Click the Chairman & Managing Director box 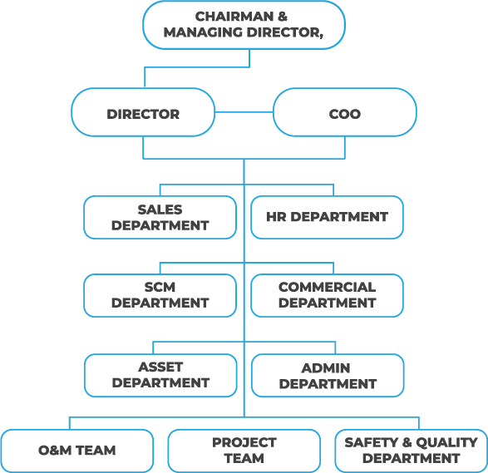point(244,25)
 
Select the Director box point(143,112)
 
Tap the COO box point(345,112)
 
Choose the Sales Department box point(160,218)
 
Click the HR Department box point(327,218)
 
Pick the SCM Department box point(160,296)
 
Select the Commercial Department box point(327,296)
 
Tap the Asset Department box point(160,375)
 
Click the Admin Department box point(328,375)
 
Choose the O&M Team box point(76,451)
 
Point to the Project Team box point(244,451)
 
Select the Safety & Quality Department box point(412,451)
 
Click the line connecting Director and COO point(244,112)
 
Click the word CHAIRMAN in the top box point(234,17)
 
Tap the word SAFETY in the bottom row point(372,442)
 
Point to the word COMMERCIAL point(327,288)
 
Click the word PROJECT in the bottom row point(244,442)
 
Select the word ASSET point(160,367)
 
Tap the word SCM point(160,288)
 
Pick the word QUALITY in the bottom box point(446,442)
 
